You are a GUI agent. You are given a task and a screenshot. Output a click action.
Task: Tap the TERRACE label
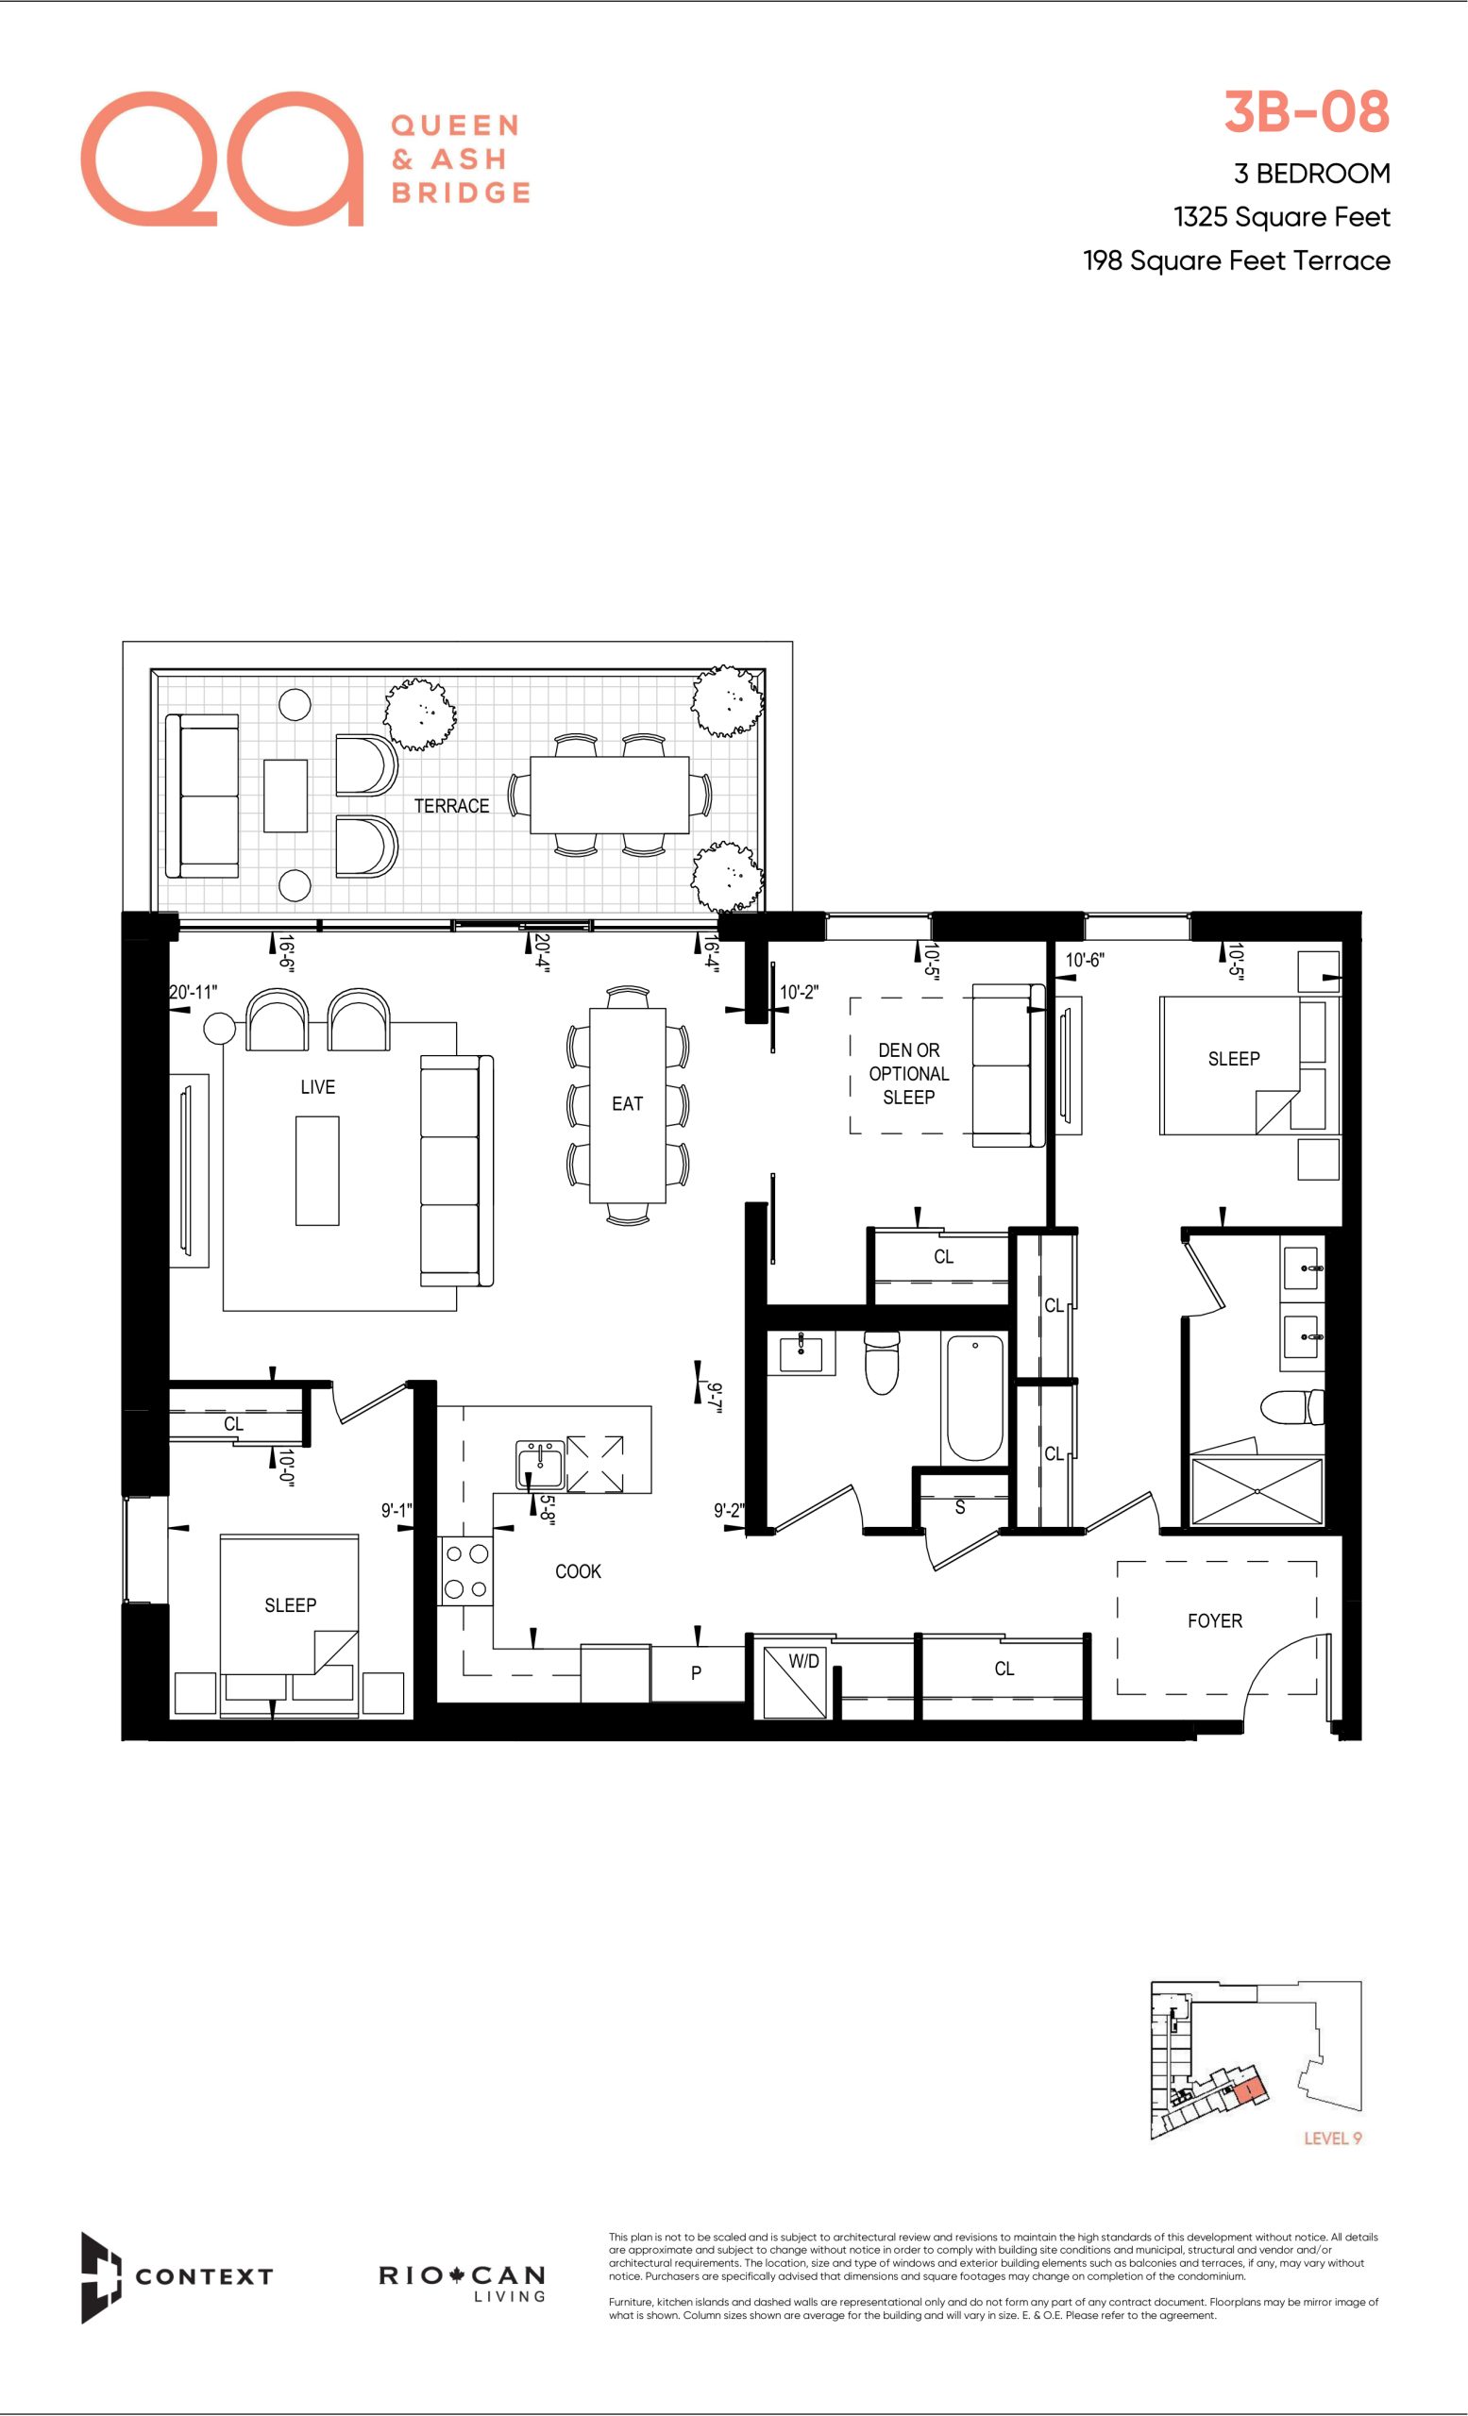pos(451,806)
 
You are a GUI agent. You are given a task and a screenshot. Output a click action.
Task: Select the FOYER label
pos(1214,1620)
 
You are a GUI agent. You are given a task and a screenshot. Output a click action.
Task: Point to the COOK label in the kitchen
pos(578,1570)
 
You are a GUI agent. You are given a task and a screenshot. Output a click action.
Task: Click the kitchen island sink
pos(540,1465)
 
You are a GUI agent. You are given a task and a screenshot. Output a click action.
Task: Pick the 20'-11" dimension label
pos(194,992)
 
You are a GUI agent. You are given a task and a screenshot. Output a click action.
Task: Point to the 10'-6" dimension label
pos(1085,960)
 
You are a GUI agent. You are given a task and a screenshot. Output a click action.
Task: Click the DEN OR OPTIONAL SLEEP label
pos(909,1074)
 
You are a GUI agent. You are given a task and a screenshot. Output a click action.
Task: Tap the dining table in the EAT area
pos(628,1105)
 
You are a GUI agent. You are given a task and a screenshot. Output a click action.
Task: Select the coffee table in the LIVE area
pos(318,1171)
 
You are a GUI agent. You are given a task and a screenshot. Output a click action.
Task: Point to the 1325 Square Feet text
pos(1282,217)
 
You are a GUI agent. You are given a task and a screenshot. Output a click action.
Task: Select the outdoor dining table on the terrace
pos(609,795)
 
